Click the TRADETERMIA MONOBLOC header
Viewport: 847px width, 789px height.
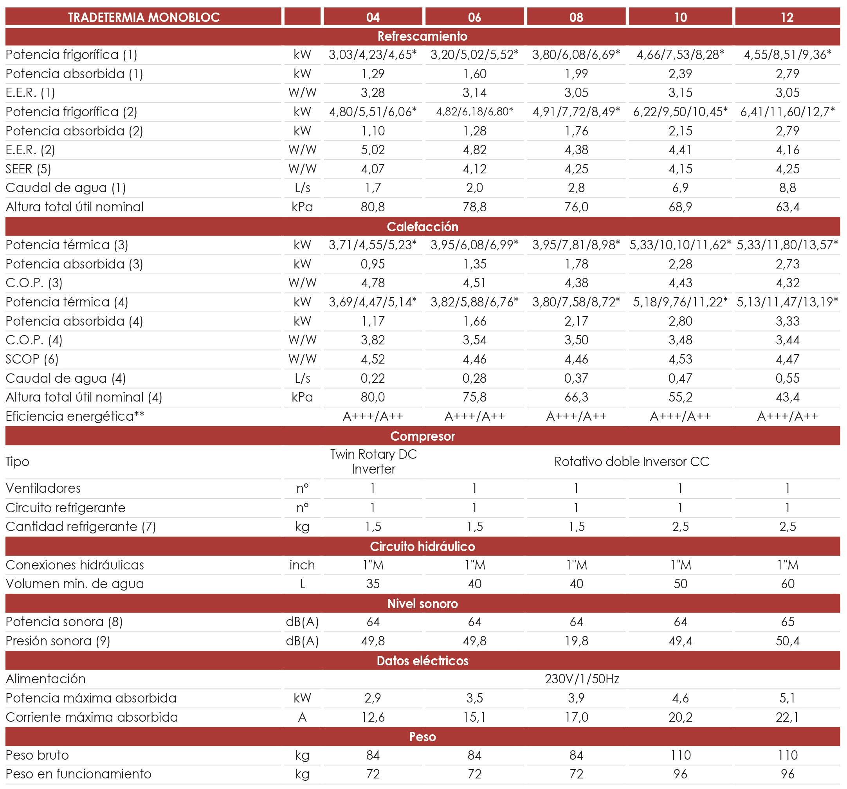144,18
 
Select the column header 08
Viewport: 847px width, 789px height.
576,18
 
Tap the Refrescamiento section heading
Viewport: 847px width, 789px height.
422,36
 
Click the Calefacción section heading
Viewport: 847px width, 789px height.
422,227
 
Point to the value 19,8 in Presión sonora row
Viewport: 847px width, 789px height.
576,641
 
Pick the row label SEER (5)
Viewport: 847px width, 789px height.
28,169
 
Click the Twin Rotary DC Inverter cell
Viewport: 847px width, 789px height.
373,461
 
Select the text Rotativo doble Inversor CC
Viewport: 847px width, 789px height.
631,461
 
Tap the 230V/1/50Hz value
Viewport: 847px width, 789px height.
582,679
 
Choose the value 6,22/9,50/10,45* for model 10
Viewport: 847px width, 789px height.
680,112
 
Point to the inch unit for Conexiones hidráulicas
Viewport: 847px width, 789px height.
302,565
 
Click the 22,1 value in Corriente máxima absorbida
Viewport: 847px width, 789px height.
788,717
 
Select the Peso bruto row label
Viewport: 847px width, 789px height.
37,755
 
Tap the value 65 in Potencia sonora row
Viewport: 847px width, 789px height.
788,621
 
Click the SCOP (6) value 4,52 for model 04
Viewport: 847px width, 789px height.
373,359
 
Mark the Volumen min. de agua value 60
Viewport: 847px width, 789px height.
788,584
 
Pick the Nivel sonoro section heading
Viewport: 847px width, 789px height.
422,603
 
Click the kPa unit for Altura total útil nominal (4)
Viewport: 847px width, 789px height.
302,397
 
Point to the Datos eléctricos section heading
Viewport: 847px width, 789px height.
422,661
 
